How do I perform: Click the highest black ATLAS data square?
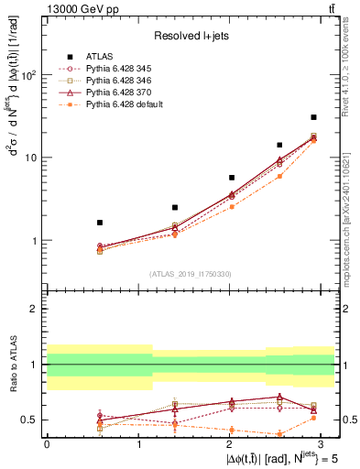click(x=313, y=117)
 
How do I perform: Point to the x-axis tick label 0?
click(x=47, y=442)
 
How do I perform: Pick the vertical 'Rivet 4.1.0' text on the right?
click(x=351, y=73)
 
